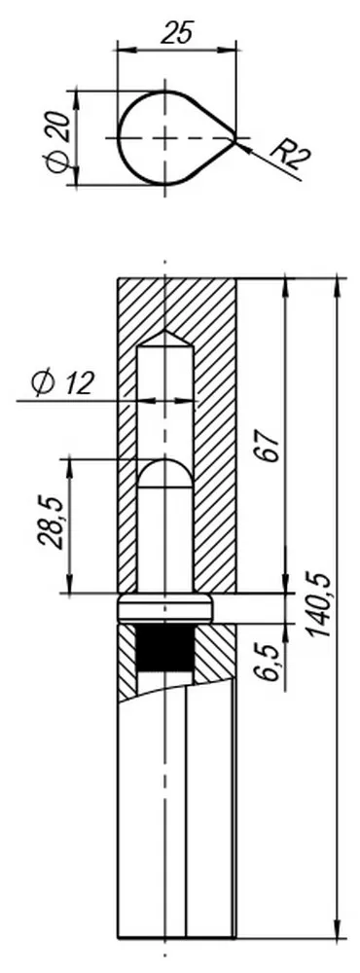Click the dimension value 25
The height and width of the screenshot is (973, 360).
click(x=177, y=32)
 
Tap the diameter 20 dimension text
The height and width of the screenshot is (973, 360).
click(x=56, y=141)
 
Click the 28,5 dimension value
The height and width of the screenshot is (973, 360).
click(x=50, y=522)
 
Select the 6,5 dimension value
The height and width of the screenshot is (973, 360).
click(x=268, y=662)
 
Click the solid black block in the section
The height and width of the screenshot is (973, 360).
click(x=164, y=647)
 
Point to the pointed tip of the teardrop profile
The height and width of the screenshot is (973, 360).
click(x=235, y=138)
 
